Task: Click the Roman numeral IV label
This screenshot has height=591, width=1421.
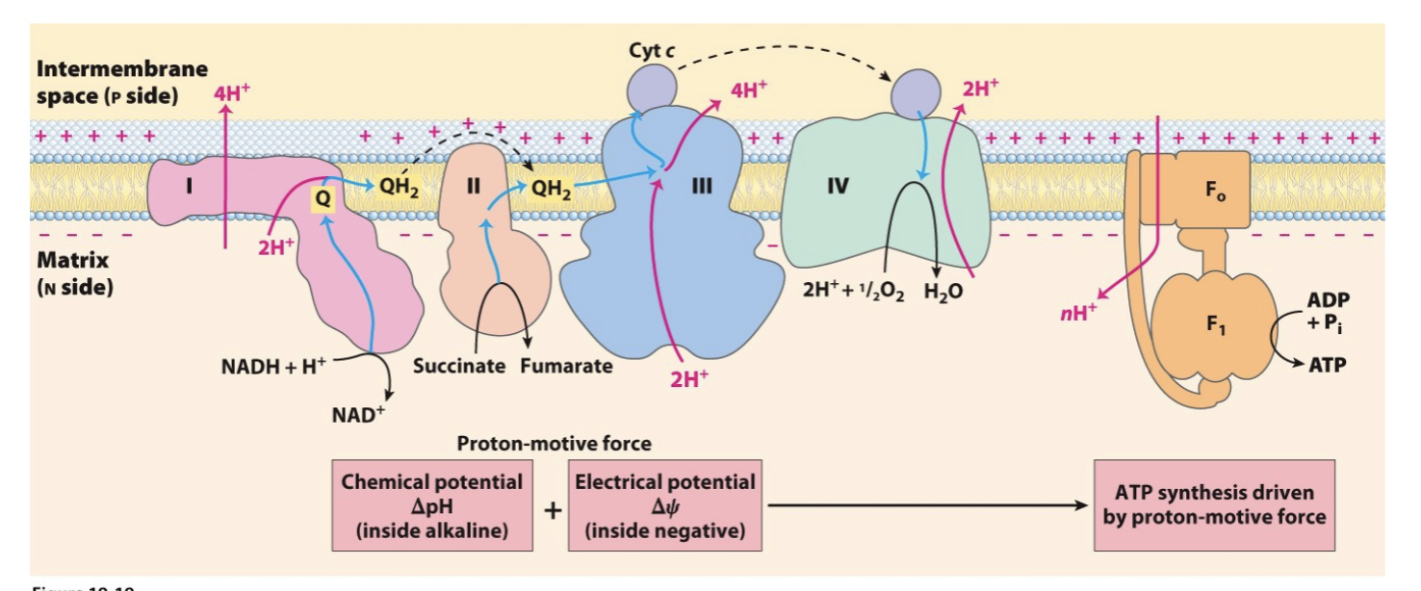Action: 837,186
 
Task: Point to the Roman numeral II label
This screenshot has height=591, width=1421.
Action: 472,187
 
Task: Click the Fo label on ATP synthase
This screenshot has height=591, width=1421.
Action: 1216,190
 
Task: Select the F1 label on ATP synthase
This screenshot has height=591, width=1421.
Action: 1216,321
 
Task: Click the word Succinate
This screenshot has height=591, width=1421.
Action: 460,367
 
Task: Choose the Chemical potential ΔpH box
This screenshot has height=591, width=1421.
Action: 432,505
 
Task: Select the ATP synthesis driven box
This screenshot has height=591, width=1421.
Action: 1214,505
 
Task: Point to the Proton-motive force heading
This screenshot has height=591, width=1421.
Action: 554,444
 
